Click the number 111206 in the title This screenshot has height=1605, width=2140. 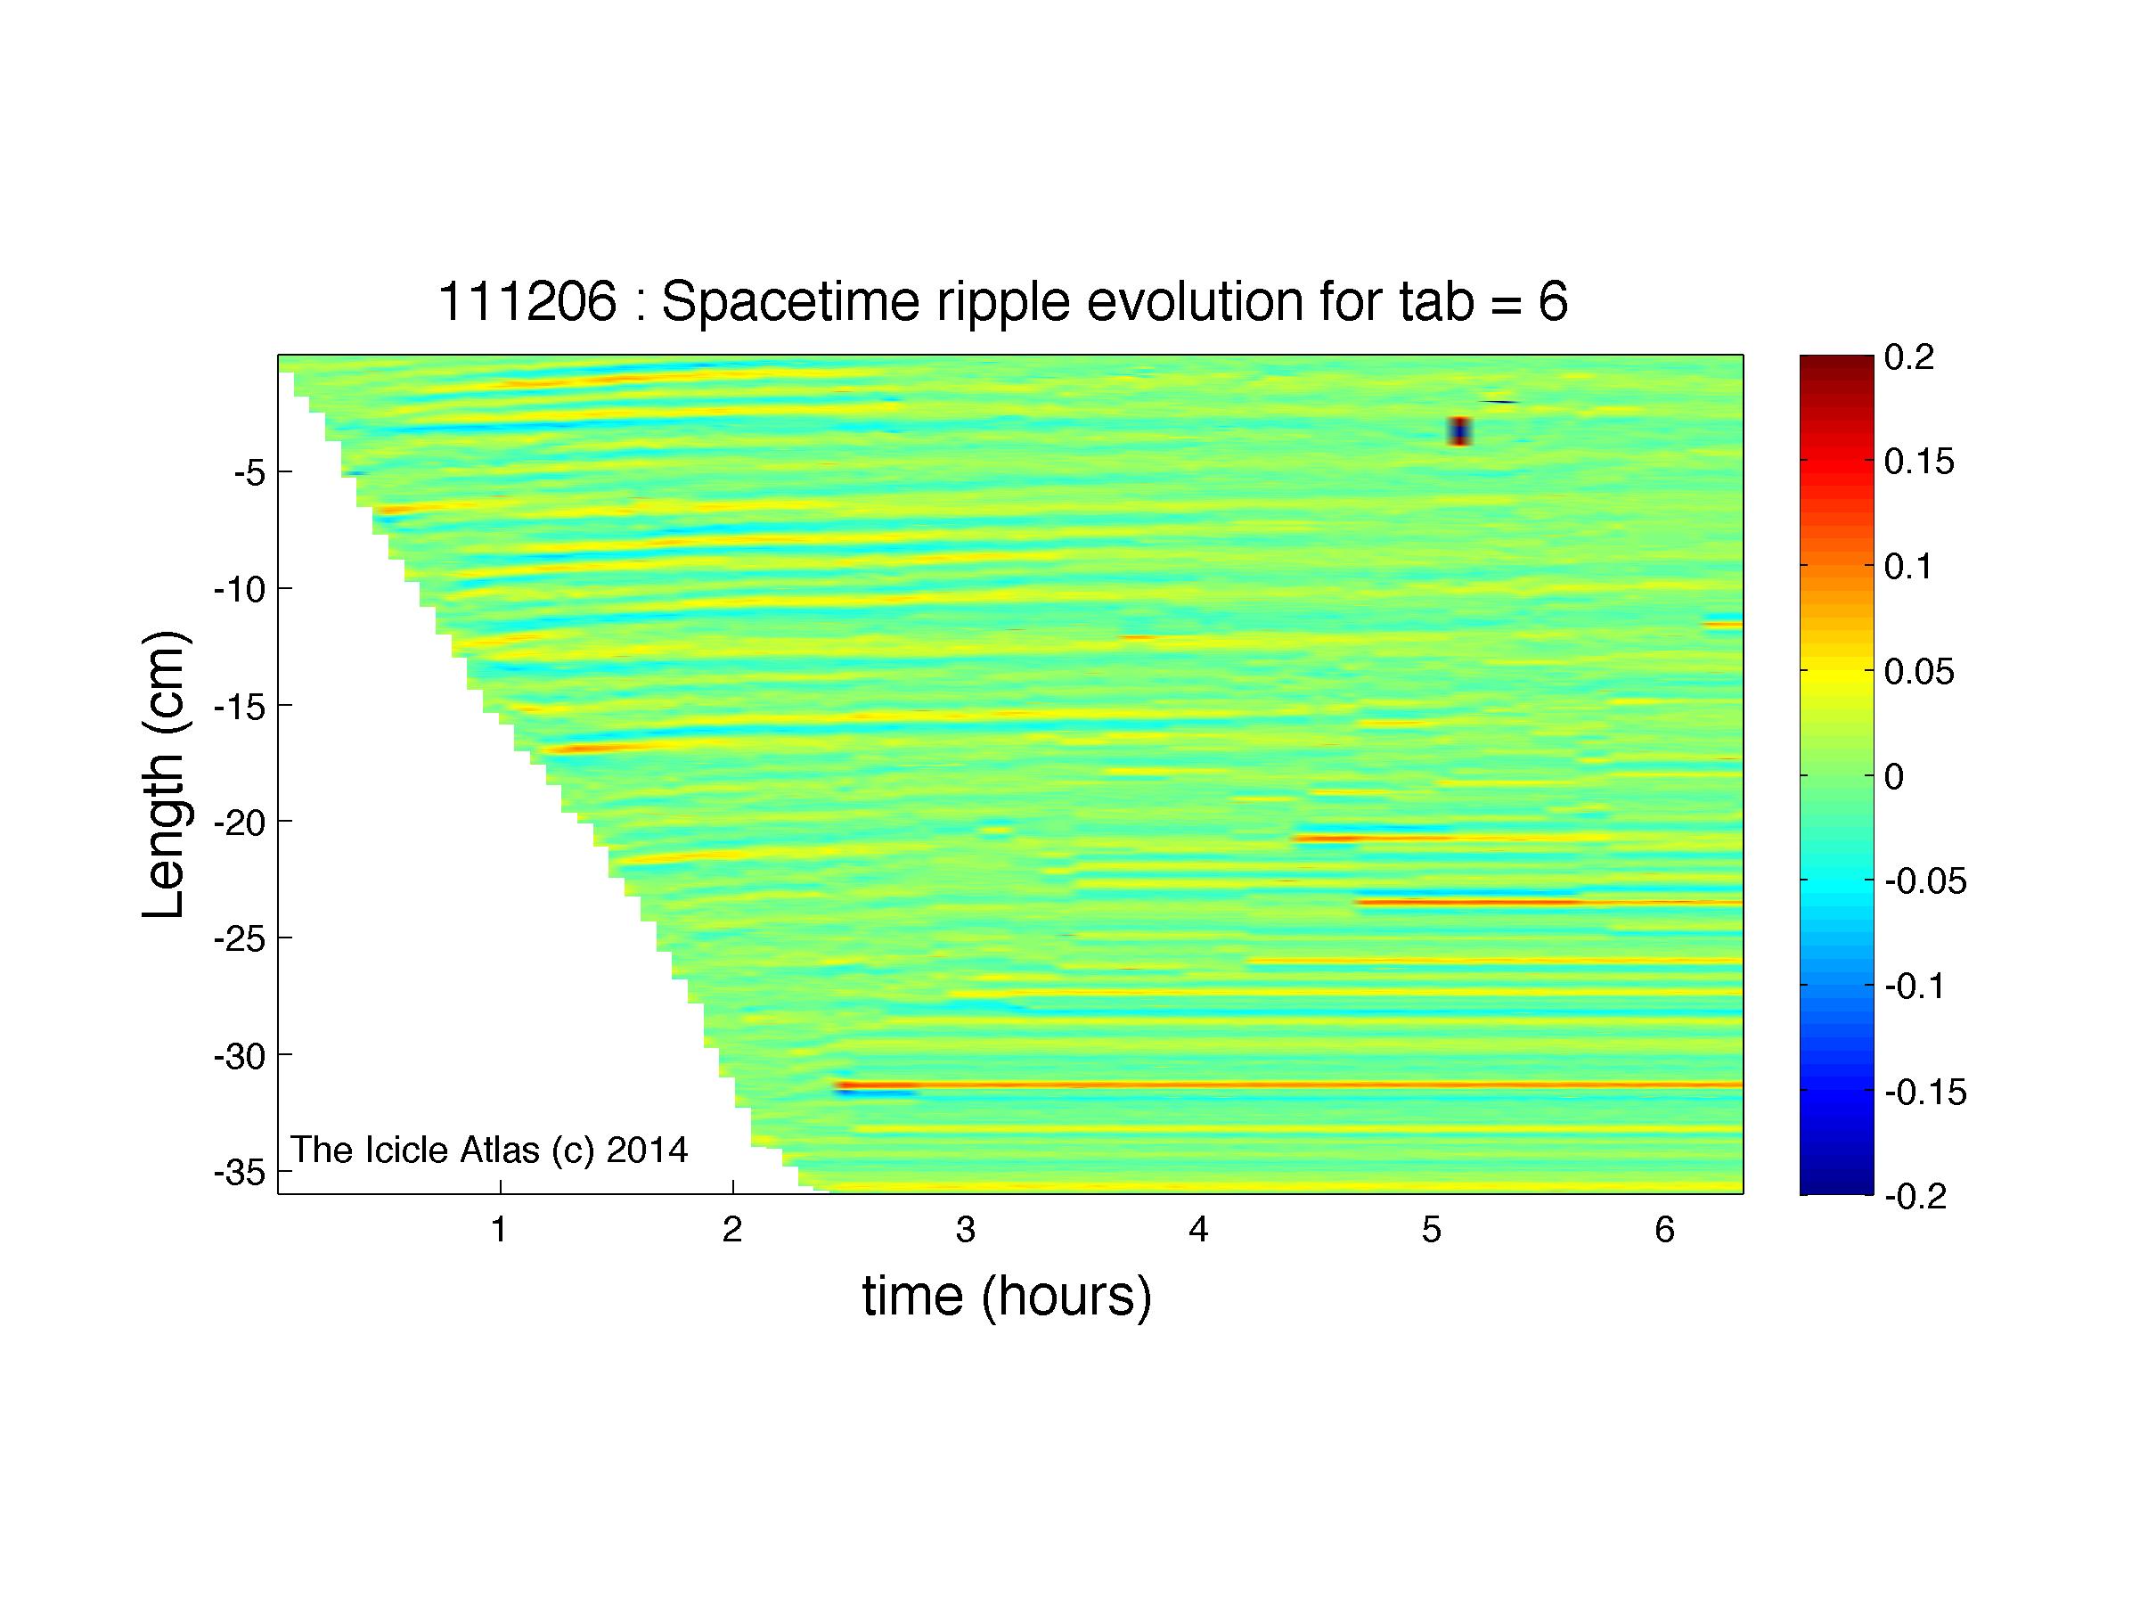527,302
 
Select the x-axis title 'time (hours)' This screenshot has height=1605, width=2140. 1007,1297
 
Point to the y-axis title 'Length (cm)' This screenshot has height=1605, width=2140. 165,775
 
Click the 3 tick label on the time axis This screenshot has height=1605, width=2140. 966,1230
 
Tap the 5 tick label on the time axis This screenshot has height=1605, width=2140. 1432,1230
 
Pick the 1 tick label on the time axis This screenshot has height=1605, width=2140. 499,1230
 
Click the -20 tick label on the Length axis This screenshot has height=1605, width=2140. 240,823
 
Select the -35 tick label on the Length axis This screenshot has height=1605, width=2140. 240,1174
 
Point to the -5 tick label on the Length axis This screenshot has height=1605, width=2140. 249,473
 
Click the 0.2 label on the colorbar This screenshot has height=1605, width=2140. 1908,357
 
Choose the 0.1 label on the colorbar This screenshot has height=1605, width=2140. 1907,567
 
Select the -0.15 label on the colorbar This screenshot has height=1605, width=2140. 1925,1093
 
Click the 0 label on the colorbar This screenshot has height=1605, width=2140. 1894,777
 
